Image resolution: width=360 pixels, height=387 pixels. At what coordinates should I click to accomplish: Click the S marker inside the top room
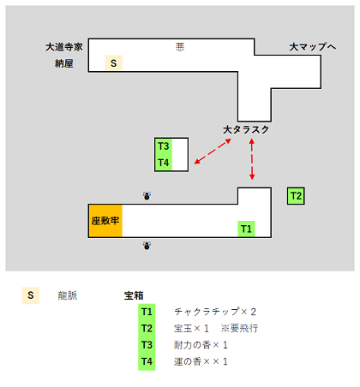click(x=114, y=63)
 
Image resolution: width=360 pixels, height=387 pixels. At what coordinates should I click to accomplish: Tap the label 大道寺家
click(x=64, y=47)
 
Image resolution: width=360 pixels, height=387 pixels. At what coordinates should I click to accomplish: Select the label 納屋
click(x=64, y=63)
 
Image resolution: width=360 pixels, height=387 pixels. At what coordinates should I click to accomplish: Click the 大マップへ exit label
click(x=313, y=47)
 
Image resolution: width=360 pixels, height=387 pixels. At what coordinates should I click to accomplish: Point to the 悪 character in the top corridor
click(x=180, y=47)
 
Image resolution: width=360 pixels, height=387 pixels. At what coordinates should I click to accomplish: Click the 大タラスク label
click(x=246, y=129)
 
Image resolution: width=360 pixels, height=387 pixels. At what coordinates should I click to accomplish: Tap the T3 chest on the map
click(x=164, y=146)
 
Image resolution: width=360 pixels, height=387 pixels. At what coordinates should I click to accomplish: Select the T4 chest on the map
click(x=164, y=163)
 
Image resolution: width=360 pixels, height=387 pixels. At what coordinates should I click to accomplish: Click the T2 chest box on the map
click(x=296, y=196)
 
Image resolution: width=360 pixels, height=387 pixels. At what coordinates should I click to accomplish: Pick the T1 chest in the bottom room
click(x=246, y=229)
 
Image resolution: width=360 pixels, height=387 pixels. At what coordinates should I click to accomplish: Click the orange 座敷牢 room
click(x=105, y=221)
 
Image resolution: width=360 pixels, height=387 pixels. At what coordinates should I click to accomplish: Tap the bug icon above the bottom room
click(x=147, y=196)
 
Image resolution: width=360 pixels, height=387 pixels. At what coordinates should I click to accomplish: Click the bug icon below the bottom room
click(x=147, y=246)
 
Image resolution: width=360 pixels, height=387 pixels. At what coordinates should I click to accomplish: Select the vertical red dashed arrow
click(x=252, y=159)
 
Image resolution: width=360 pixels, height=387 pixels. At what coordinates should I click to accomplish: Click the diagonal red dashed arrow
click(x=213, y=152)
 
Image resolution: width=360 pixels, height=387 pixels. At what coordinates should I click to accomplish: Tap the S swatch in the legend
click(x=31, y=295)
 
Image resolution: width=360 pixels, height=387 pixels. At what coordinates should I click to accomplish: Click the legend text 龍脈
click(x=68, y=295)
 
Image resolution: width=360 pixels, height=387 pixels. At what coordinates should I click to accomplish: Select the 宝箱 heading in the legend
click(x=134, y=295)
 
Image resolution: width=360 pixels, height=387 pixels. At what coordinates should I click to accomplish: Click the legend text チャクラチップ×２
click(x=215, y=312)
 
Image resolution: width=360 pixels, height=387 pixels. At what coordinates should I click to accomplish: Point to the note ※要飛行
click(x=239, y=328)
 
